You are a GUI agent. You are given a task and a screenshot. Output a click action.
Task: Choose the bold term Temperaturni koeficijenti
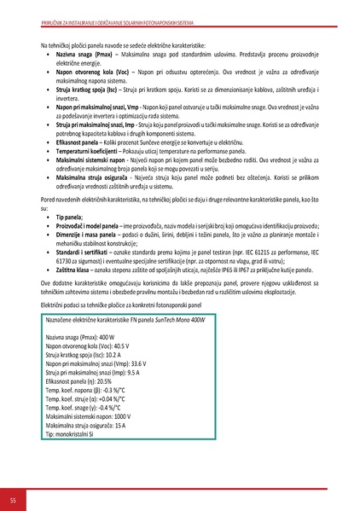(87, 149)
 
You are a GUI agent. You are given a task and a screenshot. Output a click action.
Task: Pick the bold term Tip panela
(69, 218)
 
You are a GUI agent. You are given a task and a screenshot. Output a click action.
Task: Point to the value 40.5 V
(121, 347)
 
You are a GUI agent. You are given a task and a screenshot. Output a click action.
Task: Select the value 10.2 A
(113, 356)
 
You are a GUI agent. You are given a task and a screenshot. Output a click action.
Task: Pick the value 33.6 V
(148, 363)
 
